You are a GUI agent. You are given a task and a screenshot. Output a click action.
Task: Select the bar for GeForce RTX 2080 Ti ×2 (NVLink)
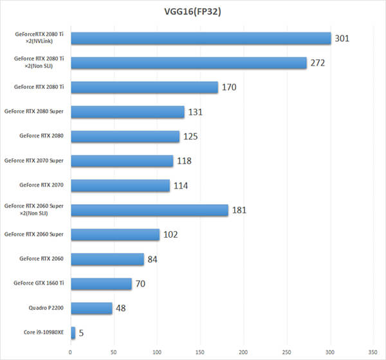201,38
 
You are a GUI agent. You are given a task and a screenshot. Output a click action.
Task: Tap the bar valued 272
188,62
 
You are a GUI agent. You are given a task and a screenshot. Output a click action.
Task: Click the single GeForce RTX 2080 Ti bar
144,87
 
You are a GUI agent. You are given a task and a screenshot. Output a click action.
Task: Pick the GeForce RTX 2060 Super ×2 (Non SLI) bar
149,210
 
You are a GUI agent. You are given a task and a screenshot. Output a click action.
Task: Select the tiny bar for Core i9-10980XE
73,333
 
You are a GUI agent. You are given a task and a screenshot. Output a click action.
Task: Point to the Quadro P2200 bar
91,308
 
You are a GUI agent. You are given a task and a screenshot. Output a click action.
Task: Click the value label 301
342,39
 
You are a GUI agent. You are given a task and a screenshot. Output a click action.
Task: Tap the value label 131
196,112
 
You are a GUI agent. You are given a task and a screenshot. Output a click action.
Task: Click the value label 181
239,211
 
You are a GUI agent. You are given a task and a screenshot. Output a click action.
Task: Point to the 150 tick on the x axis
200,352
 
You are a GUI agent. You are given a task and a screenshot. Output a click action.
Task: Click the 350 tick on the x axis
373,352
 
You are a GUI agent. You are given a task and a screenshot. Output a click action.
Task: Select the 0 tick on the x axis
71,352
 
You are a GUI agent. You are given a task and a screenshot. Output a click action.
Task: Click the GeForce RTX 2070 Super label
35,161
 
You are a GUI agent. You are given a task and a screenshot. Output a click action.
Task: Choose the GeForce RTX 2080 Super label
35,111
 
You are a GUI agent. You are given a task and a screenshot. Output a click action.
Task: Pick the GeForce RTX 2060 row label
42,259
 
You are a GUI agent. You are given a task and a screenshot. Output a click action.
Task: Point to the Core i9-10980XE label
42,333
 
